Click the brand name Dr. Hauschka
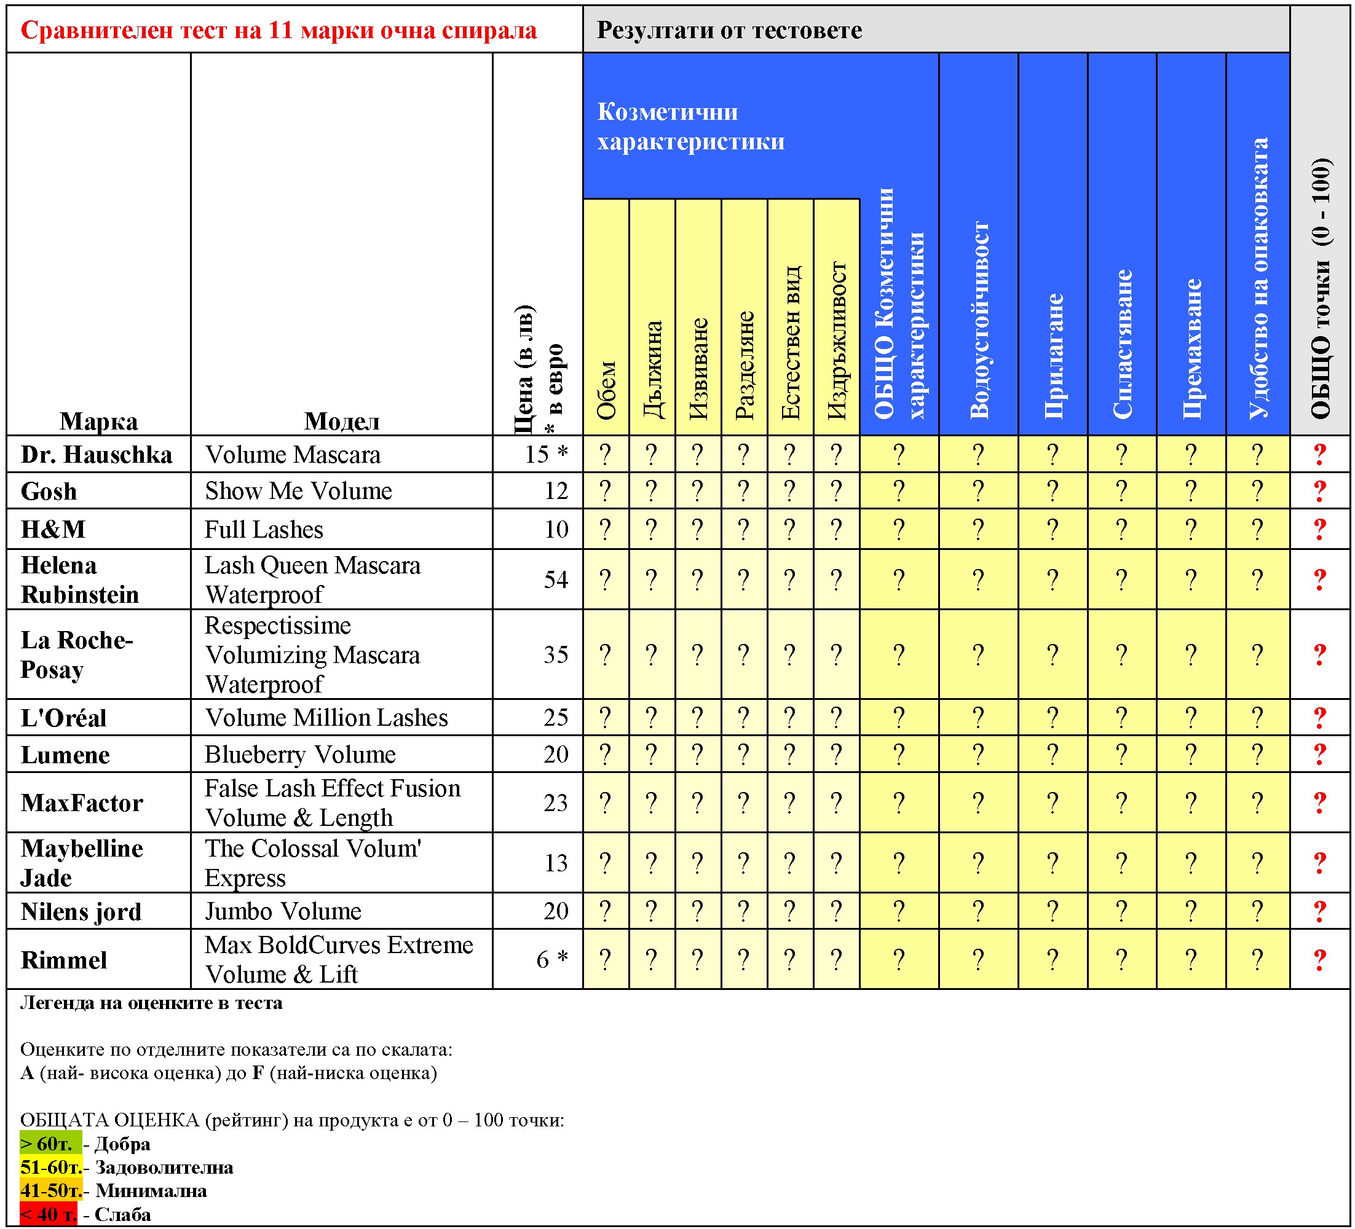(96, 454)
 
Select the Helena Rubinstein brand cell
(79, 579)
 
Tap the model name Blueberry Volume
(300, 754)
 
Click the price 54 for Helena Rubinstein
(556, 579)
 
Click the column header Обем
(606, 390)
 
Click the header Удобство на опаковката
(1257, 279)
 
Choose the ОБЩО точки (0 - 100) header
(1320, 289)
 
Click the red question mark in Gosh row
(1319, 491)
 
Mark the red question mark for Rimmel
(1319, 960)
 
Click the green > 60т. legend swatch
(50, 1144)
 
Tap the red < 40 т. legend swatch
(48, 1214)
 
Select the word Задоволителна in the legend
(164, 1167)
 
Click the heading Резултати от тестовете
(729, 30)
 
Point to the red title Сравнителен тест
(279, 30)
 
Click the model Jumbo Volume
(283, 911)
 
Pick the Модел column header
(341, 421)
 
